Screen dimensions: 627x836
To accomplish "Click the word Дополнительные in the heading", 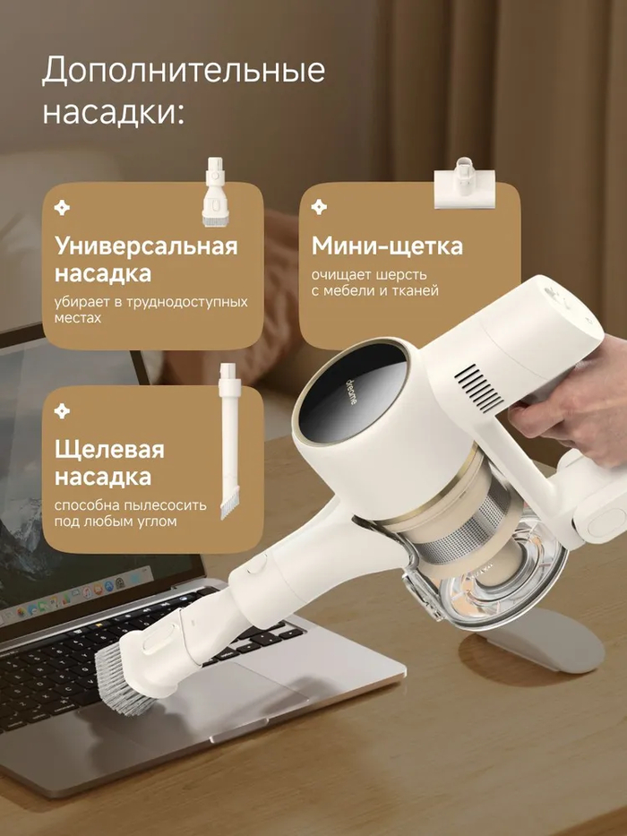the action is pos(184,70).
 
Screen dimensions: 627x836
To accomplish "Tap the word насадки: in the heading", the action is pos(113,112).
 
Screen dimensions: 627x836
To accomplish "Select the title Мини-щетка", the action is pos(387,246).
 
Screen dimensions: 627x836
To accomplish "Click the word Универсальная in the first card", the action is pos(146,246).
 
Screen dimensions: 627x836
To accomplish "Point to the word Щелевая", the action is pos(109,450).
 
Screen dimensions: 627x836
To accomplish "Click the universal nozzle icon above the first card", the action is pos(215,192).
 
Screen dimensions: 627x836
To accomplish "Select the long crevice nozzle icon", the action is pos(230,441).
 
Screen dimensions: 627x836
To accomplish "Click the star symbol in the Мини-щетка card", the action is pos(319,207).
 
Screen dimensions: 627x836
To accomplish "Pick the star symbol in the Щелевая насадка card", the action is pos(62,411).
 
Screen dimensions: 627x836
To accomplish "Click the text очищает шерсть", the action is pos(369,275).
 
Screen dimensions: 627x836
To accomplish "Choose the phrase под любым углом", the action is pos(116,521).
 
